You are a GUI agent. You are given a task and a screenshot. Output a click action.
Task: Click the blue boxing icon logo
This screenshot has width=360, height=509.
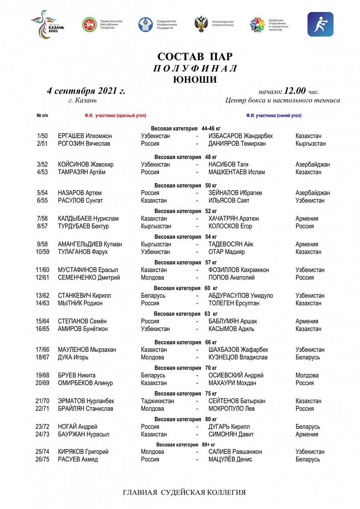coord(320,24)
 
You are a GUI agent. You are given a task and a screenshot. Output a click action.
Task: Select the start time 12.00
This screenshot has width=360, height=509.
coord(295,91)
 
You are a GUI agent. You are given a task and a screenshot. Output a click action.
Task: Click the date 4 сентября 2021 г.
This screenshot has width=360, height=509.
coord(86,91)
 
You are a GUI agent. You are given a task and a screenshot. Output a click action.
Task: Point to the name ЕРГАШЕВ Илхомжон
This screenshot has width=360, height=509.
coord(85,136)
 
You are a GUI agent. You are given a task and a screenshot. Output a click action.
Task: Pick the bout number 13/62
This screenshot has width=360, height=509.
coord(42,296)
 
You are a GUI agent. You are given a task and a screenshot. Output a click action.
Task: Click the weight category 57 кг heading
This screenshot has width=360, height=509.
coord(186,263)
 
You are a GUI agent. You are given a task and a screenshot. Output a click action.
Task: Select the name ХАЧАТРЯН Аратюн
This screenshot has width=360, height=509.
coord(234,219)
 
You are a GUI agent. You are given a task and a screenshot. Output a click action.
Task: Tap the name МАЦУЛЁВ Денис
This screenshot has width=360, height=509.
coord(230,459)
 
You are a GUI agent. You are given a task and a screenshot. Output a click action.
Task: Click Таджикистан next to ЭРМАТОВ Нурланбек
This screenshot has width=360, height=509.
coord(157,401)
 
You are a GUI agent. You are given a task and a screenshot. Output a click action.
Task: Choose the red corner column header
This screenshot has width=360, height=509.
coord(115,115)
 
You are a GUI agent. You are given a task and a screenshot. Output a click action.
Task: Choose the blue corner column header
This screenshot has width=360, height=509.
coord(273,115)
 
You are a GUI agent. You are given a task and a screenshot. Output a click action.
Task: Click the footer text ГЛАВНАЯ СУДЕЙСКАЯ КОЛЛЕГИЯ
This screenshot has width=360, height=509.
coord(184,492)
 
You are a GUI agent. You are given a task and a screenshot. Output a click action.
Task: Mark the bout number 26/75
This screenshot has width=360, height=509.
coord(42,459)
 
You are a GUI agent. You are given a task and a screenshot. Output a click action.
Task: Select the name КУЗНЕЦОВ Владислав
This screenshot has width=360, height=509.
coord(238,358)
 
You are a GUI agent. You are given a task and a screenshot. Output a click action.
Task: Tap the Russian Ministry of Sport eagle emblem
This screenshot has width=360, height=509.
coord(201,24)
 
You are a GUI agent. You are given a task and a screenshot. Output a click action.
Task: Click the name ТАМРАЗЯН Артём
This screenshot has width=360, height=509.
coord(82,172)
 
